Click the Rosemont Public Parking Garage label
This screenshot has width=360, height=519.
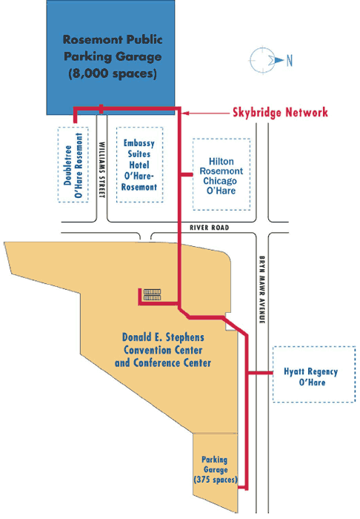click(x=112, y=48)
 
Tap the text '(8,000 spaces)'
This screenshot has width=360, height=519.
click(x=112, y=73)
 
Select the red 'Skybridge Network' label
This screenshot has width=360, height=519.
click(x=275, y=113)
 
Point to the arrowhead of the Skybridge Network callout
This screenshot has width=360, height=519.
click(x=184, y=113)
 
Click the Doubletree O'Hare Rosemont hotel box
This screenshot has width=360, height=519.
click(x=73, y=165)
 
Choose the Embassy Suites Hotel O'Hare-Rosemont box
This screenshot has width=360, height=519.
click(x=141, y=165)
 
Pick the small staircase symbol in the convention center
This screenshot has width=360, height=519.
click(x=152, y=296)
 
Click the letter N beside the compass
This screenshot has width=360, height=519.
click(x=289, y=59)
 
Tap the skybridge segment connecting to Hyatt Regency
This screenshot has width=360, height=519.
click(x=259, y=373)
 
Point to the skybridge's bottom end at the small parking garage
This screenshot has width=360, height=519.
click(x=245, y=486)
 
